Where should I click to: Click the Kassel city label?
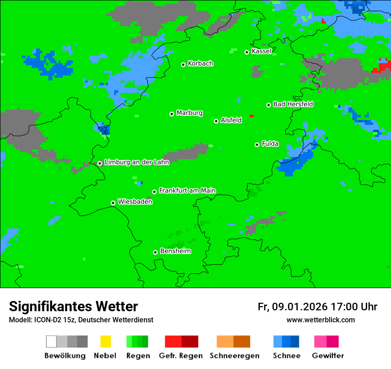[261, 51]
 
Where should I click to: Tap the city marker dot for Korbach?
[183, 64]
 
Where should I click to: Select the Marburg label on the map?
[189, 113]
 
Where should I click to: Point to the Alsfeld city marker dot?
[216, 121]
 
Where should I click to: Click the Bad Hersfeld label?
[293, 104]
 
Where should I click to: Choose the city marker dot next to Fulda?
[257, 144]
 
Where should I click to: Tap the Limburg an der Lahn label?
[136, 162]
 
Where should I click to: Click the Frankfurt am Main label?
[187, 191]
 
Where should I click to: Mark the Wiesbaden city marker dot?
[113, 203]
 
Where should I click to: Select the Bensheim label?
[175, 251]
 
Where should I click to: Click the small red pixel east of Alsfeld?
[251, 116]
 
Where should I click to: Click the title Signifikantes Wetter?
[73, 306]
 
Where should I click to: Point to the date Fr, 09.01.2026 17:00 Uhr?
[317, 307]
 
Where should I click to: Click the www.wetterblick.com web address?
[320, 320]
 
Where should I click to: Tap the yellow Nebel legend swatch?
[105, 341]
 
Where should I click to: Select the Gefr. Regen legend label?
[181, 356]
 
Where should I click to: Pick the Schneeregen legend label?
[234, 356]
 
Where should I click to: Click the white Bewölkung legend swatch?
[52, 341]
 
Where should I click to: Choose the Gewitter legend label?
[327, 356]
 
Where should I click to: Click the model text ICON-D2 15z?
[52, 320]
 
